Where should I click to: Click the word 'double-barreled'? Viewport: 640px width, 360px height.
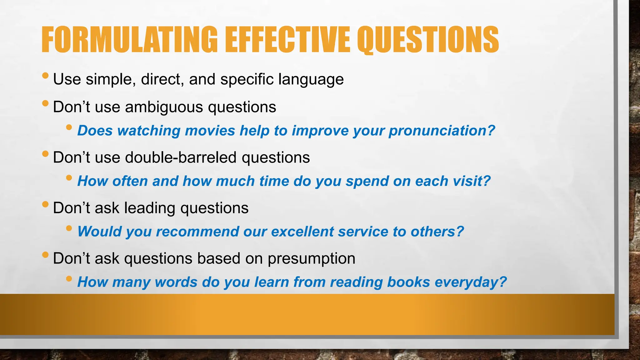point(181,157)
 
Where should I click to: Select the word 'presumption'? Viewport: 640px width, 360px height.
point(312,259)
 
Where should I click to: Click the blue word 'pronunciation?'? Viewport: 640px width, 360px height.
point(442,131)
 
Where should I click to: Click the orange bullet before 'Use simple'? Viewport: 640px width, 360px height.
point(45,76)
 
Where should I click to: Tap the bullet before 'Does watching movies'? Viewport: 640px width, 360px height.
point(69,127)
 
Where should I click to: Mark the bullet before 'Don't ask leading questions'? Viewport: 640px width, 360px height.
point(45,204)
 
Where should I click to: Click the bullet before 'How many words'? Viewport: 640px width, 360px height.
point(69,279)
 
